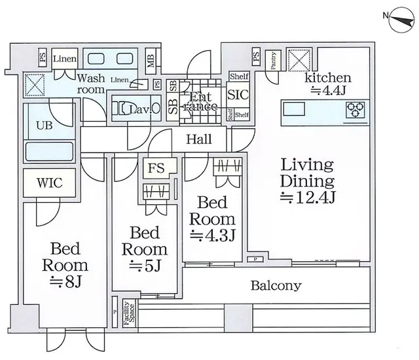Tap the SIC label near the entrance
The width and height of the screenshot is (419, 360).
(x=238, y=94)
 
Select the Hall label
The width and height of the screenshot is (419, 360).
(x=198, y=139)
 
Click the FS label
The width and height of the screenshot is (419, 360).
(x=156, y=168)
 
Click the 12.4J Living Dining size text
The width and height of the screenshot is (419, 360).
(x=308, y=196)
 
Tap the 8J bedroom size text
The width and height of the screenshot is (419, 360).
(x=65, y=281)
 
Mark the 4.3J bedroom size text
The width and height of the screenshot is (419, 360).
(x=213, y=234)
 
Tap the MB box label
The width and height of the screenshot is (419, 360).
(x=151, y=61)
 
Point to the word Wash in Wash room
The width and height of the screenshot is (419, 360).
(x=91, y=76)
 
